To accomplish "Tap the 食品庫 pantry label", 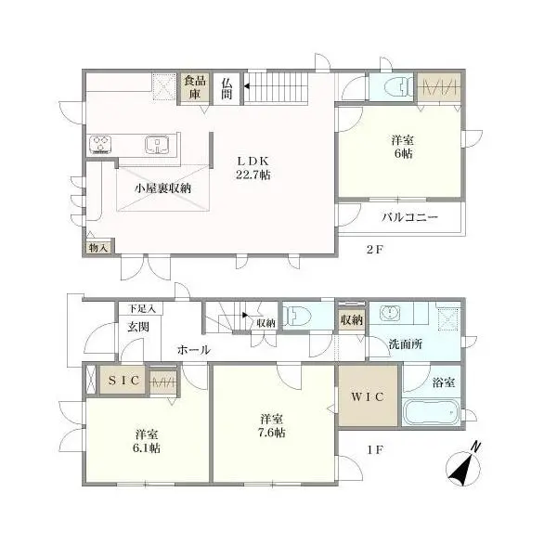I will (193, 86).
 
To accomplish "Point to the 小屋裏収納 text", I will (162, 188).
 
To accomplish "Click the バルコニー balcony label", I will (409, 218).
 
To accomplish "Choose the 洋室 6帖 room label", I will (401, 147).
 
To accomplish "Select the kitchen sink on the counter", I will (159, 145).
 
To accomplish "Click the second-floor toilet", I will (394, 86).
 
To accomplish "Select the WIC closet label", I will (369, 396).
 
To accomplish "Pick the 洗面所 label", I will (406, 343).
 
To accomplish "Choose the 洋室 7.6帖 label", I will (272, 424).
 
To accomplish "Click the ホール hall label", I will (193, 350).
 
